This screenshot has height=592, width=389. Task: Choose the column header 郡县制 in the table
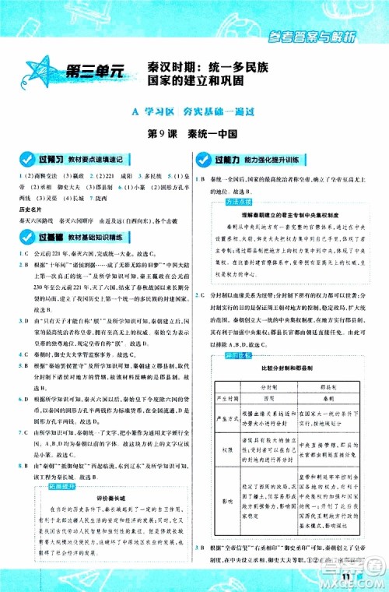(333, 386)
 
